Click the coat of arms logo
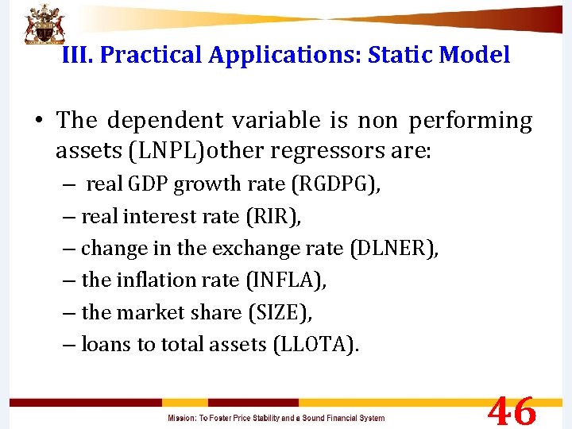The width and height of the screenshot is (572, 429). (x=44, y=25)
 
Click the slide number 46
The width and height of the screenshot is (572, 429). (x=512, y=412)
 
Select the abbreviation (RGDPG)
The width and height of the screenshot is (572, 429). (x=335, y=184)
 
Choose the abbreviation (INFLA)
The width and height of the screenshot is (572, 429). (x=286, y=280)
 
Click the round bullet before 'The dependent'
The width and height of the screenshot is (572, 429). (x=38, y=121)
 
